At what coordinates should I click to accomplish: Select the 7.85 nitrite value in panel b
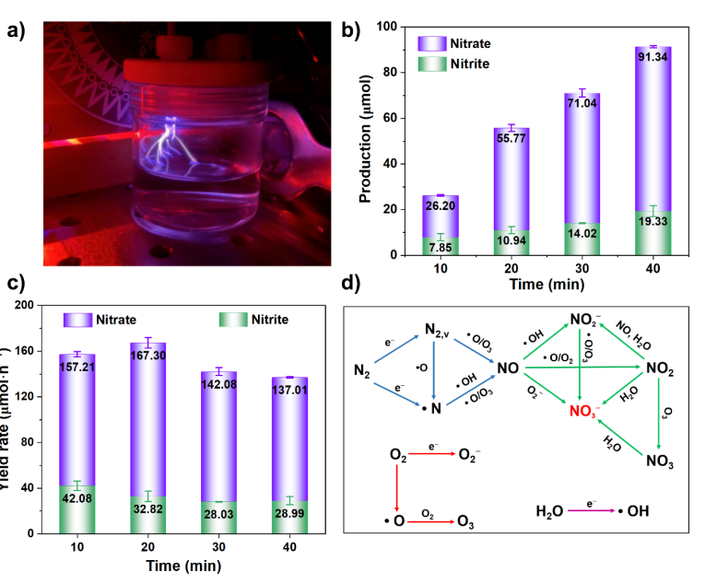tap(440, 245)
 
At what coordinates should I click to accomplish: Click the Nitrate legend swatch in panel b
tap(432, 43)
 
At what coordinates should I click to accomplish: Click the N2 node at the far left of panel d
tap(362, 371)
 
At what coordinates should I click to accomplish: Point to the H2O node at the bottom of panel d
tap(550, 509)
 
